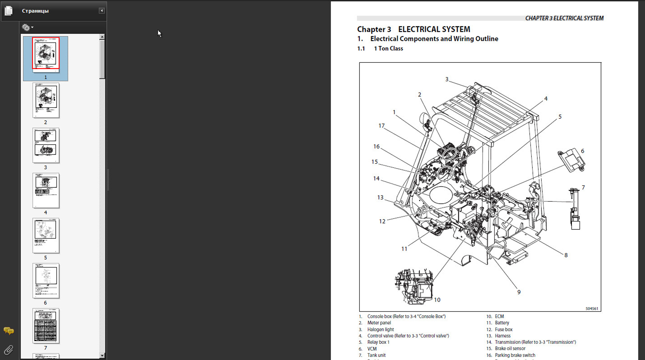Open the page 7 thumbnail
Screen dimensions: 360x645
tap(46, 326)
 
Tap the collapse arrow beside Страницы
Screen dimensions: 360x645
tap(101, 11)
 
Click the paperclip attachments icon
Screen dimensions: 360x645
tap(8, 349)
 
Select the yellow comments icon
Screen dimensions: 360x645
tap(8, 330)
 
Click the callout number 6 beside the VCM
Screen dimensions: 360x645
tap(582, 151)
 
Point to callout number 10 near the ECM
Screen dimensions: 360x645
tap(437, 300)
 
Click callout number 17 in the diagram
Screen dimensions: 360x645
tap(382, 126)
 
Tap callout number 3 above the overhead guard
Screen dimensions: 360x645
tap(447, 79)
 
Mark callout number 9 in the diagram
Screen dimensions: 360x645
tap(519, 292)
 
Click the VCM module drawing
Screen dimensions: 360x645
tap(571, 160)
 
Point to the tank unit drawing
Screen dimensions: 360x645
tap(574, 209)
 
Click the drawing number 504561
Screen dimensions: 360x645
tap(591, 309)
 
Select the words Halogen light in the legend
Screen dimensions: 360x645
tap(380, 329)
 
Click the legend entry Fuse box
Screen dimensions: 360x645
tap(504, 329)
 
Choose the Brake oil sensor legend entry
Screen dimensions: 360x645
tap(510, 349)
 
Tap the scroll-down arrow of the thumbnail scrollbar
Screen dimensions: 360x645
tap(102, 356)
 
